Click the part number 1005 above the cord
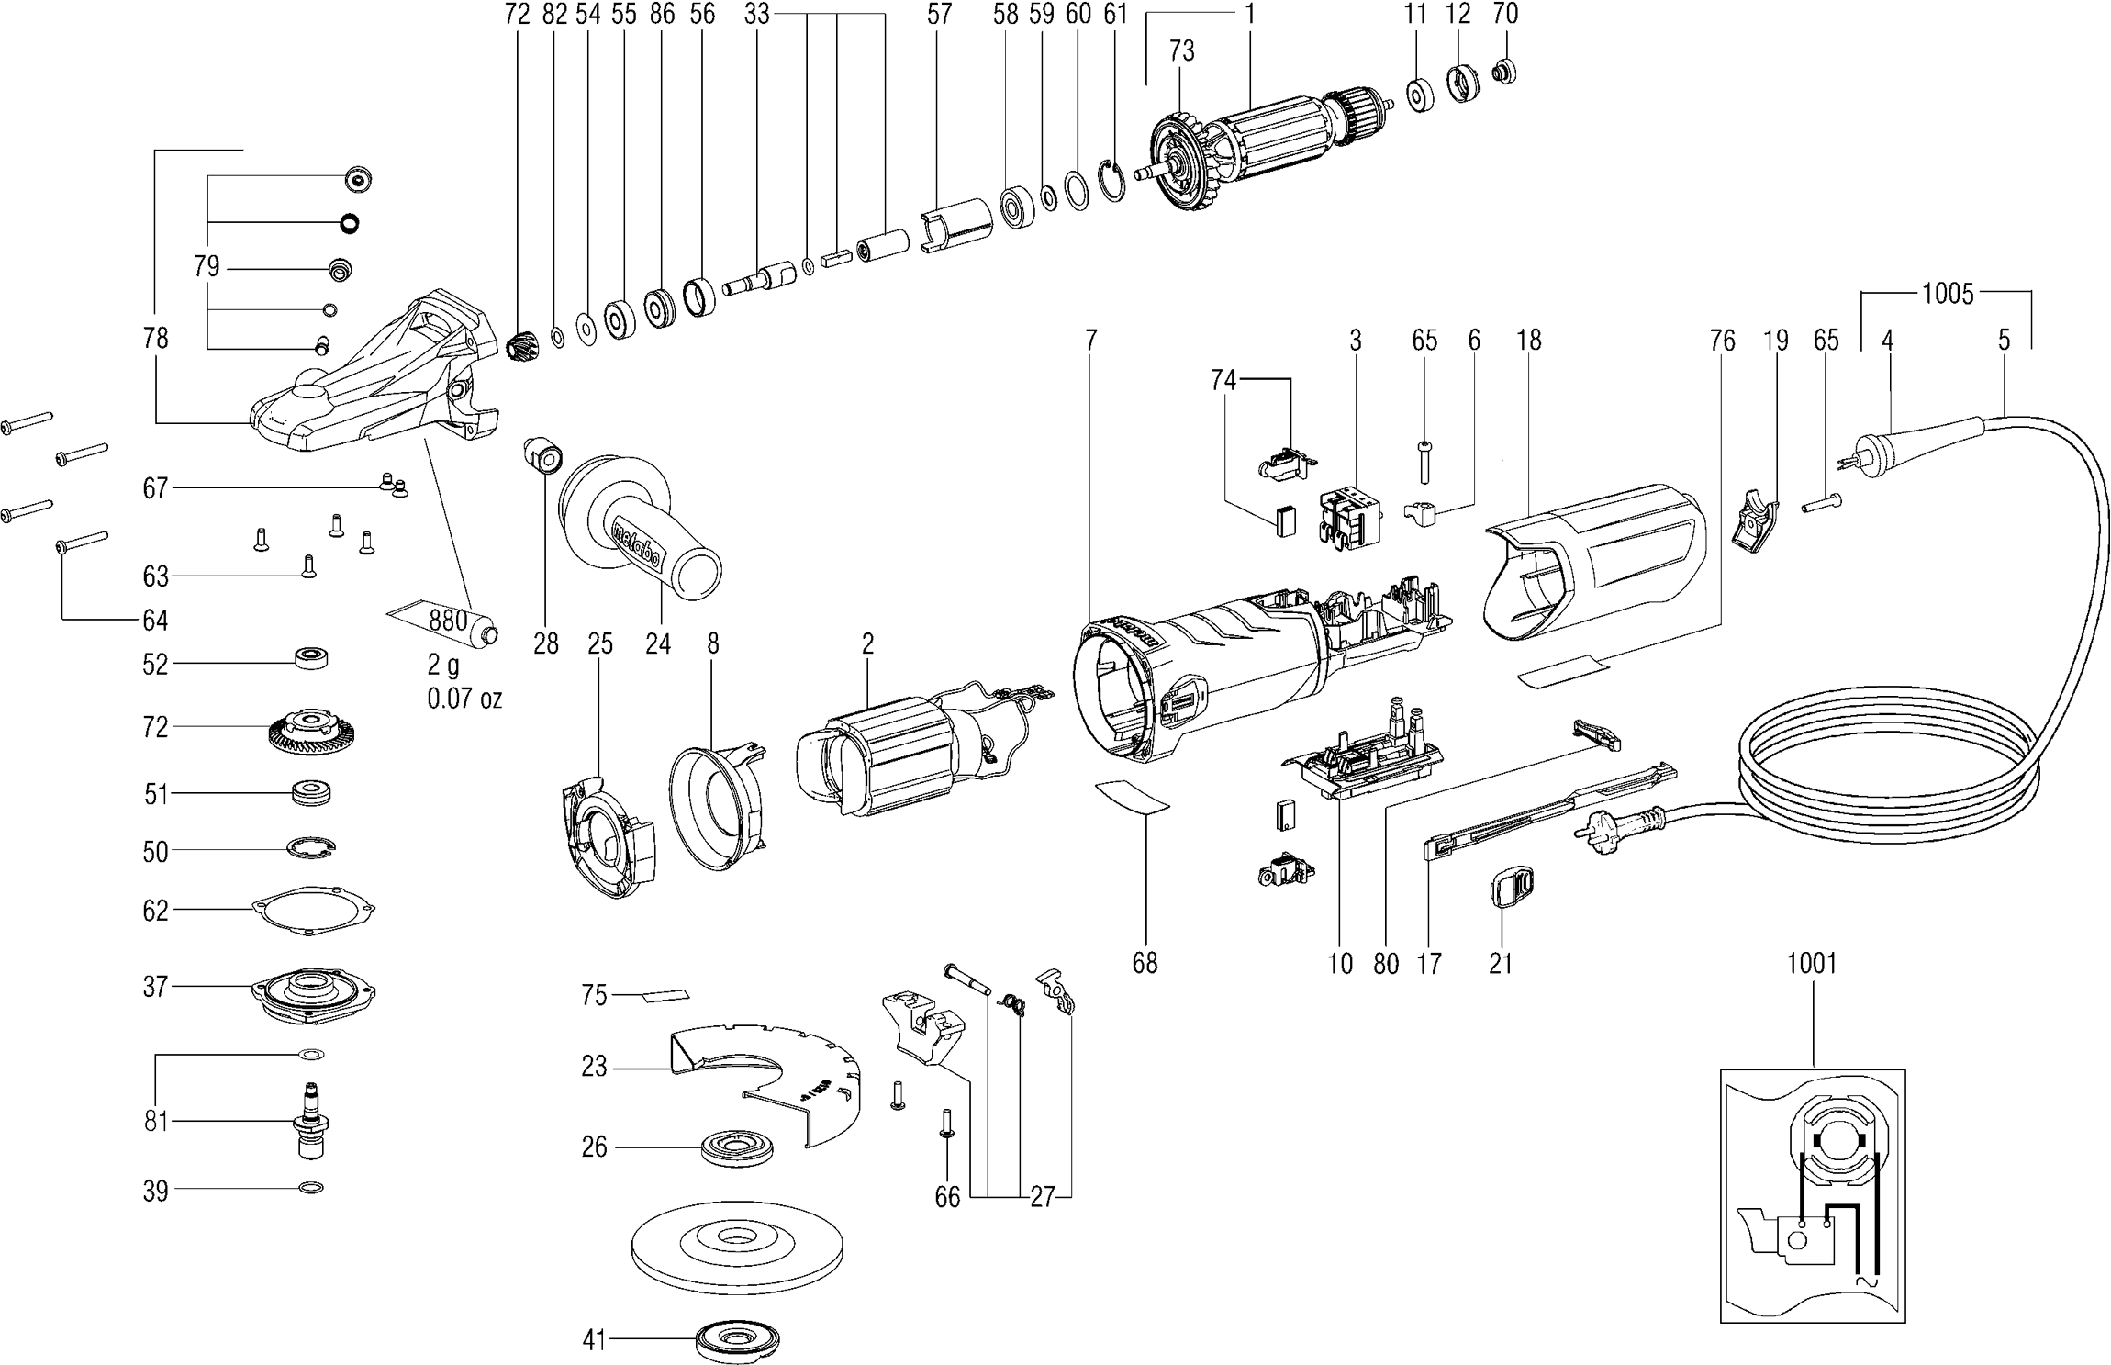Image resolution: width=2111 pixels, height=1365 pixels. [x=1947, y=294]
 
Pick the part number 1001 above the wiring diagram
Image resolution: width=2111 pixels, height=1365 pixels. [x=1812, y=963]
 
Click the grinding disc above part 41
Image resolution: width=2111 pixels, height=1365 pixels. [x=738, y=1248]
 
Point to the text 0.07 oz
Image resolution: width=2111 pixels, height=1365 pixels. [x=464, y=699]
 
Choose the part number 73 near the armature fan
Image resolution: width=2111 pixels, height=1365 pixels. [x=1181, y=51]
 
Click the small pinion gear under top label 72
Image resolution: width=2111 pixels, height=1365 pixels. [x=519, y=346]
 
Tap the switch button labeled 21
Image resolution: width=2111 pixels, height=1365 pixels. [x=1508, y=888]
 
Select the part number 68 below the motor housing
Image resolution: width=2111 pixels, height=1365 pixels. [x=1145, y=963]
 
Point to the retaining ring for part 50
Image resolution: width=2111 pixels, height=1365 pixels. [x=311, y=849]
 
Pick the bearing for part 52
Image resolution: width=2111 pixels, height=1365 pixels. [x=311, y=659]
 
